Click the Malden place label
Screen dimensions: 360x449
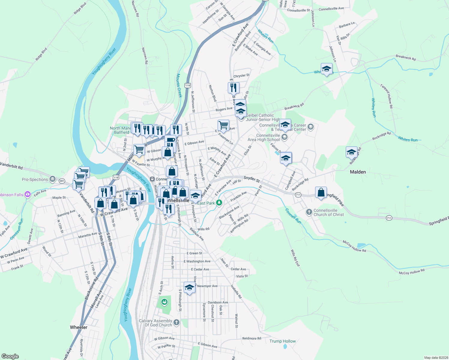(358, 172)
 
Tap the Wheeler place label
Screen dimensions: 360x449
(79, 327)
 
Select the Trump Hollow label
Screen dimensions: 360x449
(282, 341)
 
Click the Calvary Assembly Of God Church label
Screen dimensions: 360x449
(155, 323)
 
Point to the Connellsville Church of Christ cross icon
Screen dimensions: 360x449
(309, 212)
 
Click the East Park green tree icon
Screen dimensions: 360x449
(219, 203)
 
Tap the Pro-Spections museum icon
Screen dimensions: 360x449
(53, 179)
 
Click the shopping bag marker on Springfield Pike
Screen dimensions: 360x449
(321, 193)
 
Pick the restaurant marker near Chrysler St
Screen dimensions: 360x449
(233, 88)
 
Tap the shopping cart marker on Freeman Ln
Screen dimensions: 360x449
(223, 125)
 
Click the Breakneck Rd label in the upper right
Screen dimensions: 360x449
(405, 58)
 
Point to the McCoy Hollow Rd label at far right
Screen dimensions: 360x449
(411, 271)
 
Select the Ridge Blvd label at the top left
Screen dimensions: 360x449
(80, 8)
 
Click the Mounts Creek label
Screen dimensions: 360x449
(179, 85)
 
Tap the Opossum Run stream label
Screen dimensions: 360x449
(17, 229)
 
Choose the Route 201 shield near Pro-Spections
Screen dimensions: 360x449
(62, 181)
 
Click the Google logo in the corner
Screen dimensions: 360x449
(10, 356)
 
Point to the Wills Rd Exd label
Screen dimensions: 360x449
(295, 258)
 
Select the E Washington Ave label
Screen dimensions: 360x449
(197, 261)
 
